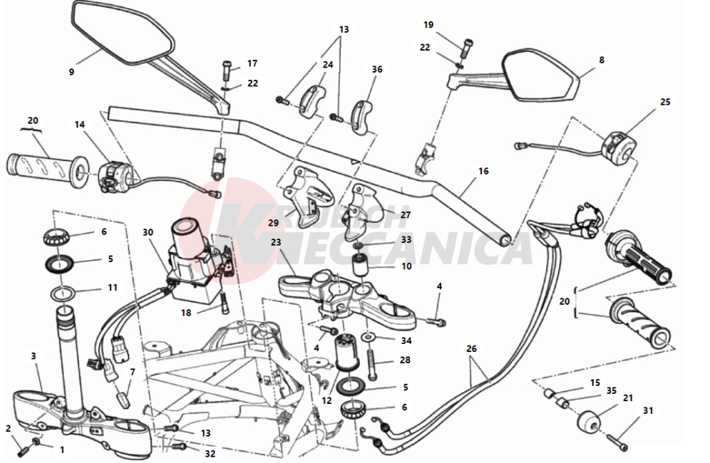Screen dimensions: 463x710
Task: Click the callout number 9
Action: click(71, 71)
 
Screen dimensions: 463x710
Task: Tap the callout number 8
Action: click(601, 61)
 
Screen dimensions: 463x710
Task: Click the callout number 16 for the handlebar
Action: click(483, 171)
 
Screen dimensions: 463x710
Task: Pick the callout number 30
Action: click(148, 232)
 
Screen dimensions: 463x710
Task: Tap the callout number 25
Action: click(664, 102)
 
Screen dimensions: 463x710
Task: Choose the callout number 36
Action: click(377, 69)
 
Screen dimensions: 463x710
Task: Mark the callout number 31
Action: click(647, 410)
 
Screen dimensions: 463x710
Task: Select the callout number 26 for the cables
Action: click(471, 349)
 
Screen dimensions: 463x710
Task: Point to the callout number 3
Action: click(33, 355)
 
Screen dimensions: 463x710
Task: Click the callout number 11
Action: click(112, 288)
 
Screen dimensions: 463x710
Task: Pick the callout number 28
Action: click(405, 360)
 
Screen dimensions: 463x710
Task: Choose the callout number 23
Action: click(277, 242)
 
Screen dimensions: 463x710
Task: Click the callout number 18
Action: click(185, 312)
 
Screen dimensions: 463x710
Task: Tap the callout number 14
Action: click(80, 125)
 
